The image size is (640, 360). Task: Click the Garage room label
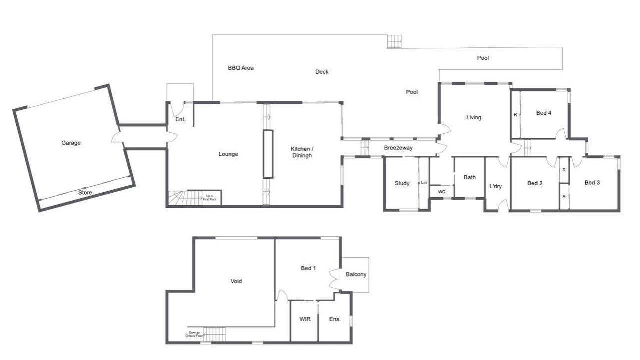tap(71, 143)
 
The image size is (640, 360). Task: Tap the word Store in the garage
tap(85, 193)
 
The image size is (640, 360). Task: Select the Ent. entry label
tap(180, 119)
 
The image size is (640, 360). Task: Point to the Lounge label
tap(228, 154)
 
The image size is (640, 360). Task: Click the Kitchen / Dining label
tap(302, 152)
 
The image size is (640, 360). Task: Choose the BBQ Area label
tap(241, 68)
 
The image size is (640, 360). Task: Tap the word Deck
tap(322, 72)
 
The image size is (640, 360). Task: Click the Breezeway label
tap(398, 148)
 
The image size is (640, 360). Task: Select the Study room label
tap(402, 183)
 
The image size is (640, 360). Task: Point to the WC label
tap(441, 192)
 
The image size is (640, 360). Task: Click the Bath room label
tap(470, 177)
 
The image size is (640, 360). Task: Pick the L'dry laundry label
tap(495, 186)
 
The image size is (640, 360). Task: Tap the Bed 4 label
tap(544, 113)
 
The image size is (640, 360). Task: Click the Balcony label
tap(356, 274)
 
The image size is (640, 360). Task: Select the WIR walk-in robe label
tap(305, 319)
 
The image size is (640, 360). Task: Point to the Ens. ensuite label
tap(335, 319)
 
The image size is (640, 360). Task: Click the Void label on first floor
tap(236, 281)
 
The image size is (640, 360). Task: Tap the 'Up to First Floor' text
tap(209, 198)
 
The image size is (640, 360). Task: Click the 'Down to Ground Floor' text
tap(194, 334)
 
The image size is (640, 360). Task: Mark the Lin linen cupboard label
tap(424, 183)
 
